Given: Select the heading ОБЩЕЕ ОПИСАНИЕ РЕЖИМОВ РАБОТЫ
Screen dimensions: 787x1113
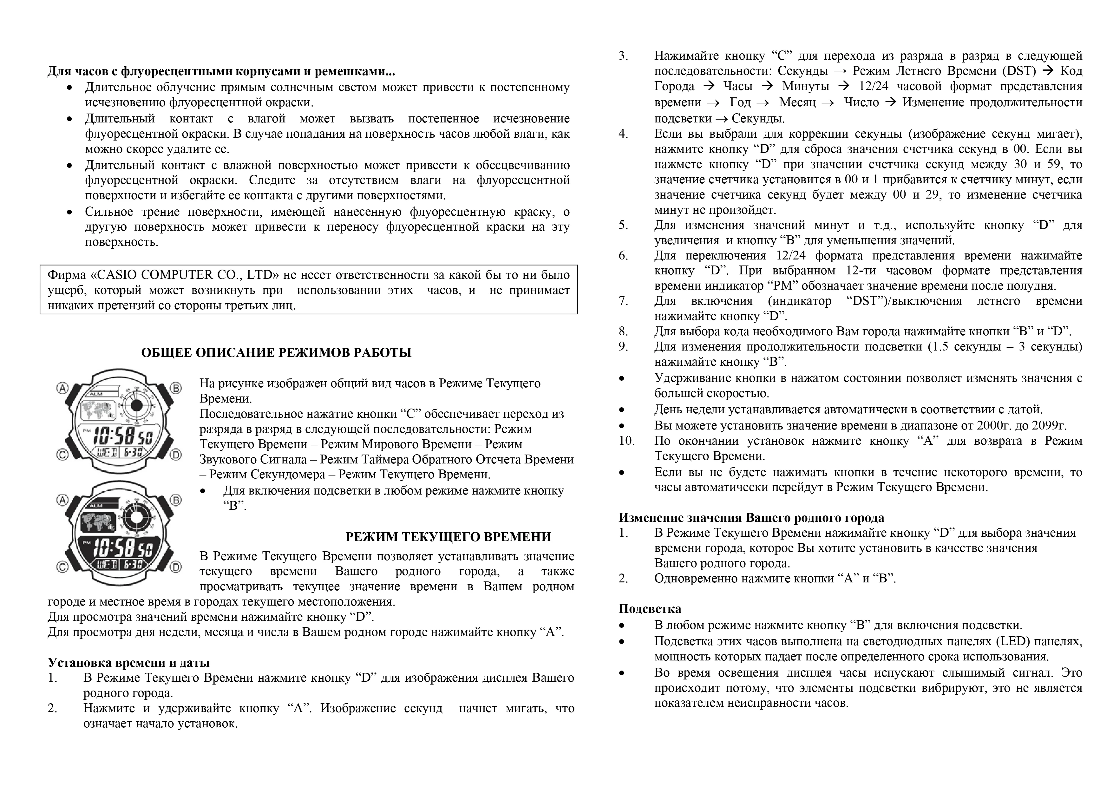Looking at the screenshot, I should (276, 352).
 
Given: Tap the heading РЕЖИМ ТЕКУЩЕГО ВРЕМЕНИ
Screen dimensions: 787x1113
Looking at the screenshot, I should (448, 537).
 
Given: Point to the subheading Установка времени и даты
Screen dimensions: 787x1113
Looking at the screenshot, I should (128, 662).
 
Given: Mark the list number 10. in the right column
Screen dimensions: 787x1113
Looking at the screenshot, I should (627, 441).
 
